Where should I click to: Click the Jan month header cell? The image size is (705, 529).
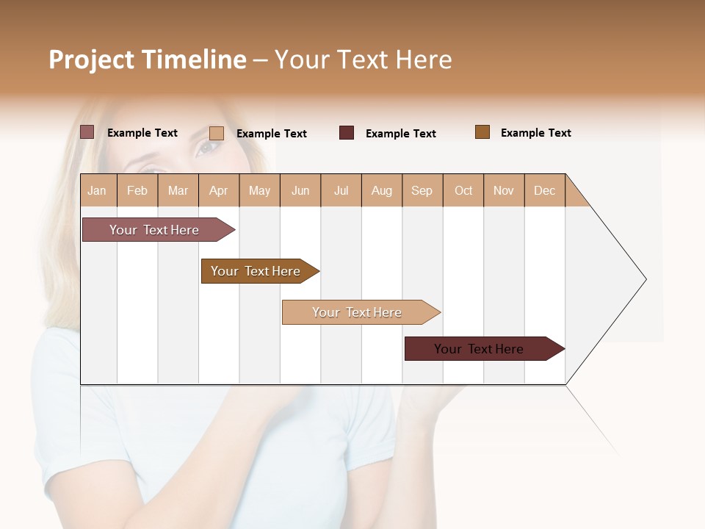coord(97,190)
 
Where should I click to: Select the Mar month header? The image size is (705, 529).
coord(178,190)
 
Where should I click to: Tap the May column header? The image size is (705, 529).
coord(259,190)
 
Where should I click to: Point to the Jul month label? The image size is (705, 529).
coord(341,190)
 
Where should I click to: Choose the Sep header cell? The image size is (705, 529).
coord(422,190)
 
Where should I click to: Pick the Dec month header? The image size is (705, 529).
coord(544,190)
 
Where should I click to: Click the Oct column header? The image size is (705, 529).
coord(463,190)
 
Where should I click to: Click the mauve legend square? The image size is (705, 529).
coord(87,132)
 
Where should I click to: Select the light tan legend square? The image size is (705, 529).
coord(217,133)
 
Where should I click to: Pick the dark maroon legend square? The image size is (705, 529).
coord(347,133)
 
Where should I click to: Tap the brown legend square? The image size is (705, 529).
coord(482,132)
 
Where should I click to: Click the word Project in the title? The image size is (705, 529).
coord(92,60)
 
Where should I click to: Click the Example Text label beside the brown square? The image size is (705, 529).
coord(535,133)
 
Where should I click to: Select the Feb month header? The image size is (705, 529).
coord(137,190)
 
